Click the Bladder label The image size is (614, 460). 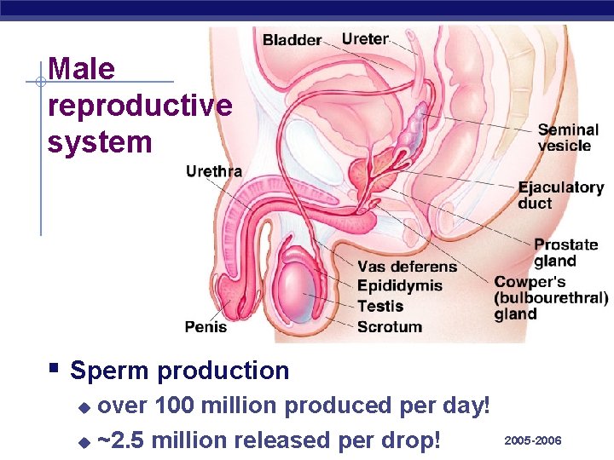click(x=292, y=39)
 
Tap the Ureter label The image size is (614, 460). click(x=365, y=38)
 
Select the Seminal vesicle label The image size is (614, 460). click(x=568, y=138)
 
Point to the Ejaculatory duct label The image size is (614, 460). click(x=560, y=195)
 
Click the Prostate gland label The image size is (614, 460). click(x=565, y=253)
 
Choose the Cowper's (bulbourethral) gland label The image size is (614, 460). click(x=550, y=297)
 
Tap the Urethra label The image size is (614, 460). click(x=214, y=171)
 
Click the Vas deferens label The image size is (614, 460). click(x=407, y=267)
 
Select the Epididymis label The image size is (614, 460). click(x=399, y=286)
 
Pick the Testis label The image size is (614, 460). click(x=379, y=306)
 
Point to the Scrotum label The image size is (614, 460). click(x=389, y=326)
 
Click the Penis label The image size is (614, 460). click(x=206, y=326)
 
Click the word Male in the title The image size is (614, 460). click(x=82, y=69)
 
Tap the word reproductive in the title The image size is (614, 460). click(x=140, y=106)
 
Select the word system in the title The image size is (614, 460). click(x=100, y=141)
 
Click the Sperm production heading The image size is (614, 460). click(x=179, y=371)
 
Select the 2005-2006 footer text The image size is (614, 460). click(x=533, y=440)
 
